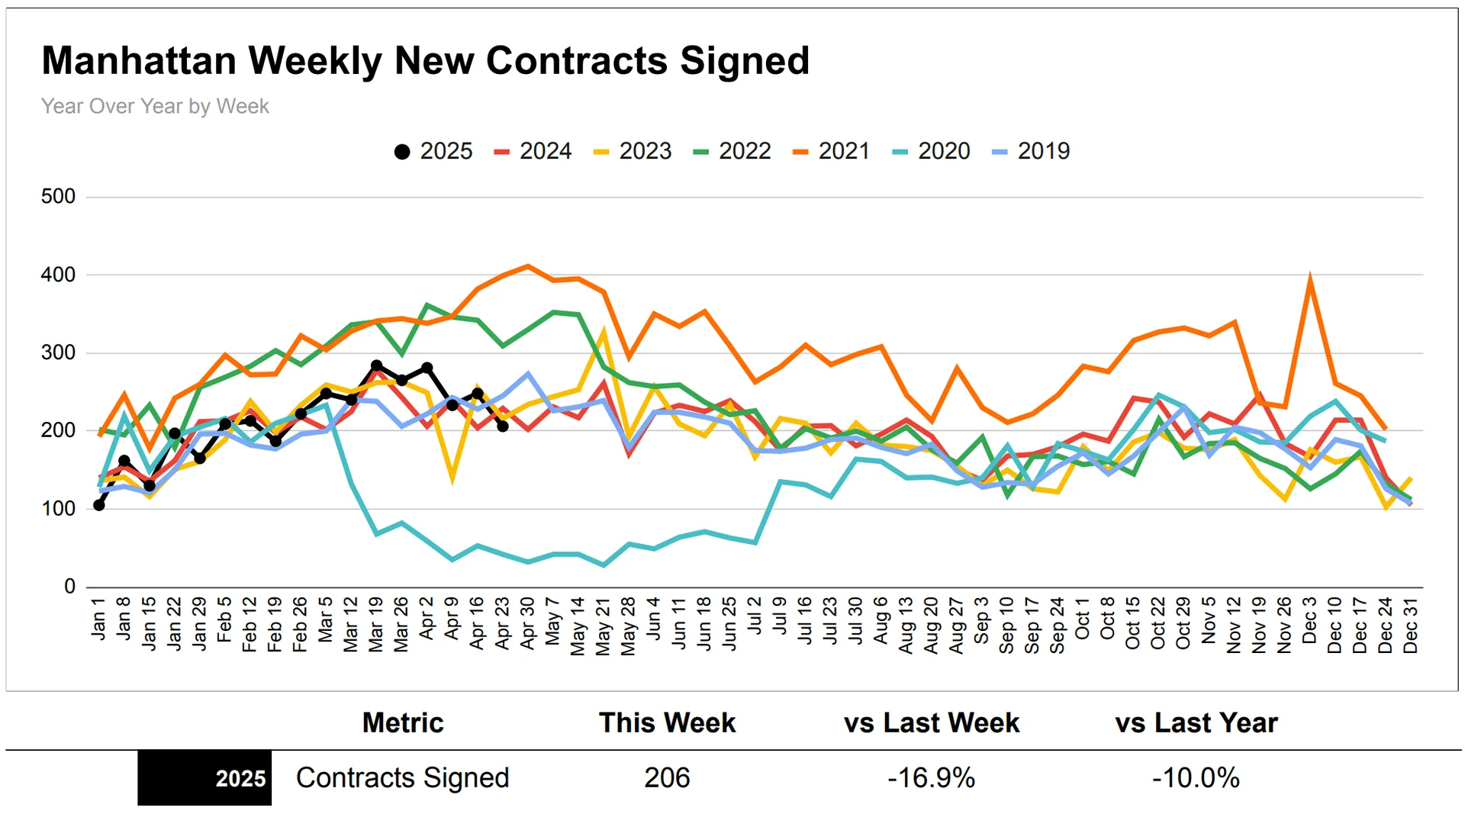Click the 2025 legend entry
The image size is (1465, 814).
click(x=433, y=151)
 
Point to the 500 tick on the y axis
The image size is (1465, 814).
click(x=58, y=197)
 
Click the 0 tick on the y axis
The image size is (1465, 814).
click(x=69, y=587)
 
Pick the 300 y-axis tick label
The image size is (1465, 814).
click(x=58, y=352)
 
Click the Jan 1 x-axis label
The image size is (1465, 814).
click(x=98, y=619)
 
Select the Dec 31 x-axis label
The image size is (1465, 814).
click(x=1410, y=626)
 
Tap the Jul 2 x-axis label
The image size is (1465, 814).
click(x=755, y=616)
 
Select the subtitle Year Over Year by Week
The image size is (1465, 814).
click(x=155, y=106)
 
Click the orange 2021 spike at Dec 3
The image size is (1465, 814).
click(x=1309, y=280)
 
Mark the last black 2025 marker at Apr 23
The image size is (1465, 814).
click(x=503, y=426)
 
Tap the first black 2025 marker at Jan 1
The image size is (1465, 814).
click(x=99, y=505)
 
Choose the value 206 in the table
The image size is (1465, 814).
click(x=667, y=778)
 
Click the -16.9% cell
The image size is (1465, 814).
click(x=931, y=778)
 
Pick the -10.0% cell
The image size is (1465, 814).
click(x=1196, y=778)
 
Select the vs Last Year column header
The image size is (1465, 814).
click(x=1196, y=722)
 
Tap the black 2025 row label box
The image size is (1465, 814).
click(x=204, y=778)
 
